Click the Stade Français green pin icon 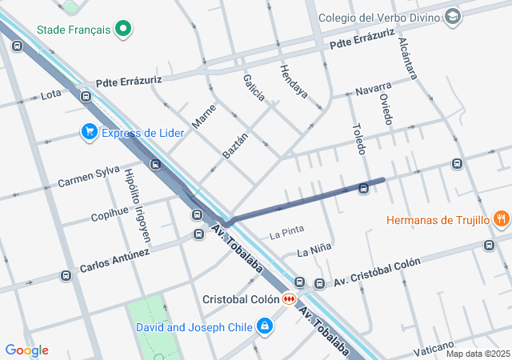(x=122, y=30)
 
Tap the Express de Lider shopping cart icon (x=89, y=132)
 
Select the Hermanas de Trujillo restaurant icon (x=501, y=218)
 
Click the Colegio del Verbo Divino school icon (x=454, y=17)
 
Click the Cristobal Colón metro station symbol (x=289, y=298)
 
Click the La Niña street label (x=314, y=251)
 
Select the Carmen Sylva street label (x=88, y=178)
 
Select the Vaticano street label (x=434, y=349)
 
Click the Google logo (x=26, y=350)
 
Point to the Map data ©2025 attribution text (x=477, y=354)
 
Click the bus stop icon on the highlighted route (x=364, y=188)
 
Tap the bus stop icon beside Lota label (x=85, y=96)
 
